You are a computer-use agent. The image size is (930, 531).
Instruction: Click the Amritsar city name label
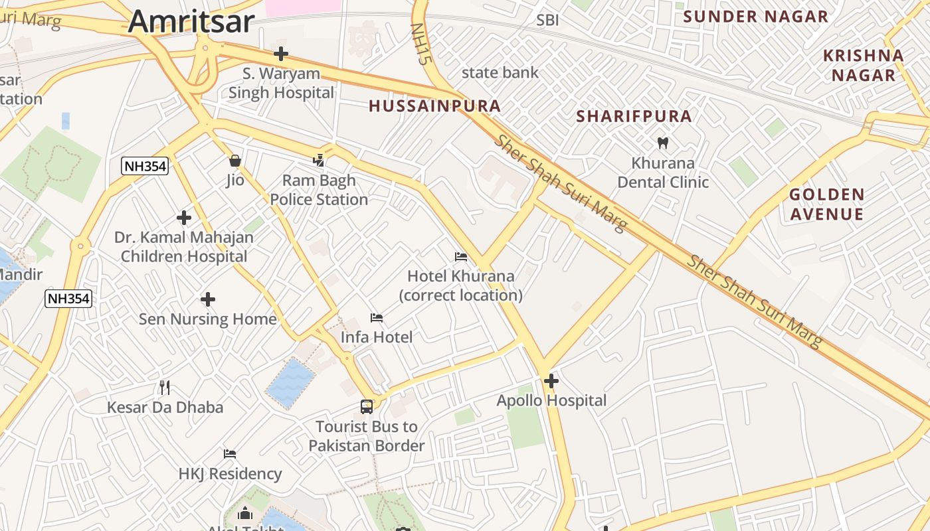pos(191,21)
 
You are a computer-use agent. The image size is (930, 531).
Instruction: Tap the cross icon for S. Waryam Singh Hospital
pos(281,54)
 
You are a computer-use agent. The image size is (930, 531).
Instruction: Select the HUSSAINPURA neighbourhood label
pos(434,106)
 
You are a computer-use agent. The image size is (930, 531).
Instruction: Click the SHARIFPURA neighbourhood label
pos(634,117)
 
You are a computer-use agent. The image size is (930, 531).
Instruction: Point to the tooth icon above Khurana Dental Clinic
pos(662,143)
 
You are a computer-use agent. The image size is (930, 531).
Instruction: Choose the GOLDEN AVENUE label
pos(826,204)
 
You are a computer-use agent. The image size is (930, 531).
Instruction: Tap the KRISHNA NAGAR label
pos(864,65)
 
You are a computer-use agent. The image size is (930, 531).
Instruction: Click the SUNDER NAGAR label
pos(755,17)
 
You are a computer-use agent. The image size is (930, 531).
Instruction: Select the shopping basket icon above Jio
pos(234,161)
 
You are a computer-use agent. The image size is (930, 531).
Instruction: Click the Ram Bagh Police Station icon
pos(319,160)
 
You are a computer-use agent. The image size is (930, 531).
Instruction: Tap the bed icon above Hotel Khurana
pos(461,257)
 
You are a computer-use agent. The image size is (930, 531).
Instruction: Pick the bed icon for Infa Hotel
pos(377,318)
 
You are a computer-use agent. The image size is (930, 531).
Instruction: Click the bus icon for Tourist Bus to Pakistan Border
pos(366,406)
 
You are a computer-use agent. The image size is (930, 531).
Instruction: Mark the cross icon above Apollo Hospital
pos(551,381)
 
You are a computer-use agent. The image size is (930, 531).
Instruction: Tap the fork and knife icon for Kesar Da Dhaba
pos(165,387)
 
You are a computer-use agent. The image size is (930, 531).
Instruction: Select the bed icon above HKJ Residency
pos(230,454)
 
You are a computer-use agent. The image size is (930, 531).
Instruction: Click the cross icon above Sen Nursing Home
pos(208,299)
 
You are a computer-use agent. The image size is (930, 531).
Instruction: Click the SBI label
pos(547,21)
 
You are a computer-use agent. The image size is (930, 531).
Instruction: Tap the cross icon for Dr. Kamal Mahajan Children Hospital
pos(184,218)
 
